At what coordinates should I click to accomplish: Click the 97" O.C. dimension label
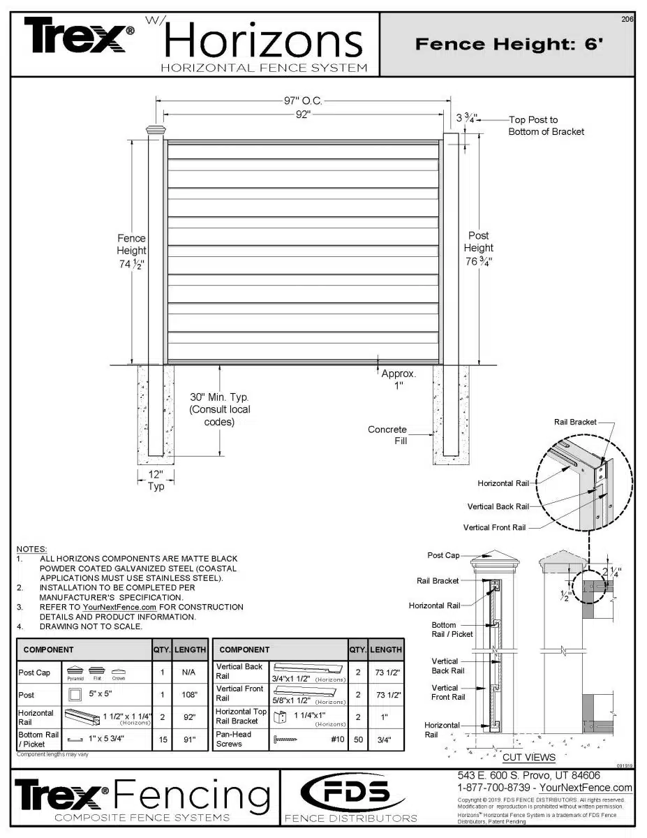[x=302, y=101]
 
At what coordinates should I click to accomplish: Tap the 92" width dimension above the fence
[x=302, y=115]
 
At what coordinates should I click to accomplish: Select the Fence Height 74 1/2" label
[x=131, y=251]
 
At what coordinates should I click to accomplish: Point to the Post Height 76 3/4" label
[x=479, y=249]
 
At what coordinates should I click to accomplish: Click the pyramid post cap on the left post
[x=156, y=130]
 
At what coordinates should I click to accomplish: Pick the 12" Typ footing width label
[x=156, y=480]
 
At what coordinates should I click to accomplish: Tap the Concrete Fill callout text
[x=387, y=435]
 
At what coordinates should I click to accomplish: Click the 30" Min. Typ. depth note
[x=220, y=409]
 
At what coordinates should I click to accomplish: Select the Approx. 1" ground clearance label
[x=399, y=379]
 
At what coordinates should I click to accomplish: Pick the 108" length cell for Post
[x=190, y=696]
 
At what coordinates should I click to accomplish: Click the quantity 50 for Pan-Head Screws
[x=358, y=739]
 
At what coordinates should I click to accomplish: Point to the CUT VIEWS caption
[x=529, y=757]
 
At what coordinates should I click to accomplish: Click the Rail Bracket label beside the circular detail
[x=575, y=422]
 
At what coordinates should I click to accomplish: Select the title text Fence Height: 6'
[x=508, y=44]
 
